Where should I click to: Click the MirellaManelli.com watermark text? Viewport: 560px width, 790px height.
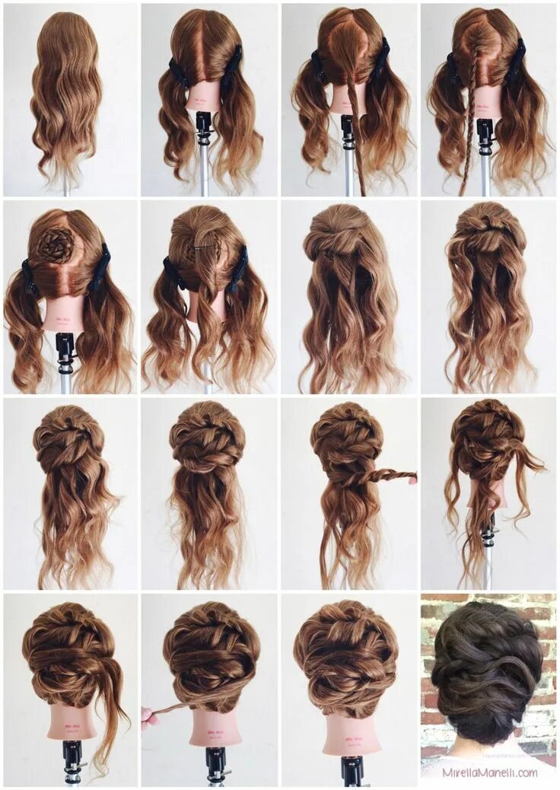coord(489,772)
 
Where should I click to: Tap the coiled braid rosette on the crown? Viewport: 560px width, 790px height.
coord(58,244)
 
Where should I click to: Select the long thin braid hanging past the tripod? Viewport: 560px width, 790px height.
coord(466,145)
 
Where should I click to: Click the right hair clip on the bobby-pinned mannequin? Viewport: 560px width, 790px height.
coord(238,270)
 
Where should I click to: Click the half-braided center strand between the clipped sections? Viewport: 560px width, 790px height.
coord(352,114)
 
